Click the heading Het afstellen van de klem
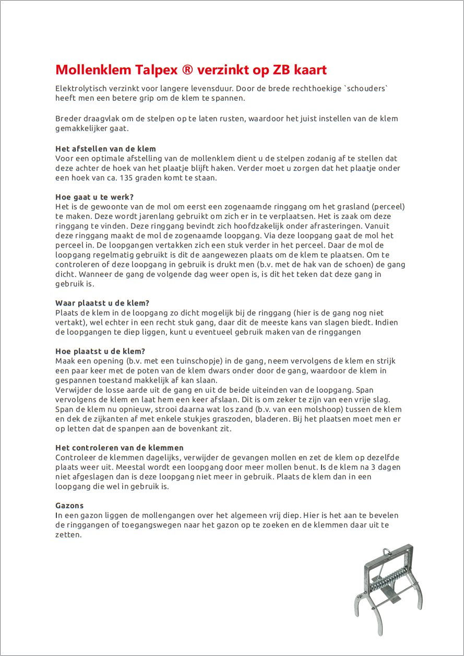[x=105, y=149]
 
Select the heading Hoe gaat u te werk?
[x=94, y=197]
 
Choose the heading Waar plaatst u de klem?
[x=102, y=303]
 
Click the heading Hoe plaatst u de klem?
[x=100, y=351]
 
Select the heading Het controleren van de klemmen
[x=120, y=448]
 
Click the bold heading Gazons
[x=69, y=506]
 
